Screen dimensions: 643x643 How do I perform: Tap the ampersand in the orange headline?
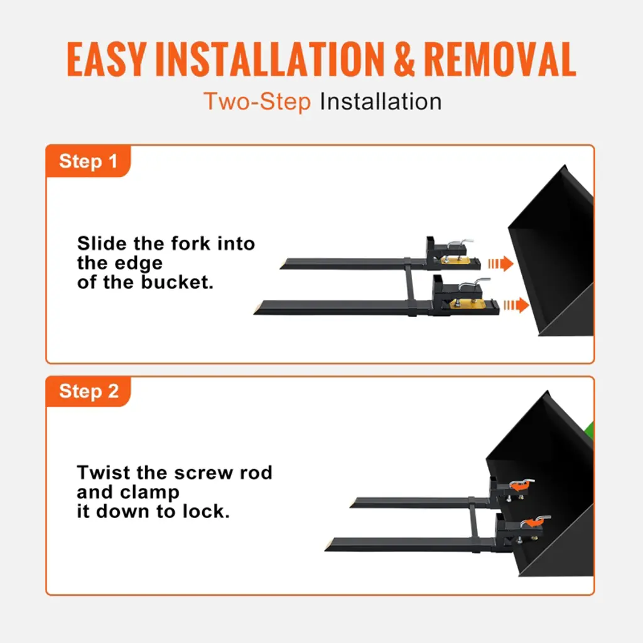click(x=404, y=59)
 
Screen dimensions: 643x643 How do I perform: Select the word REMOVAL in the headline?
click(x=500, y=59)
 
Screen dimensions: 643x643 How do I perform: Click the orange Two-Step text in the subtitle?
click(x=257, y=101)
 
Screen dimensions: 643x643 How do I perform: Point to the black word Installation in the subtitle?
click(x=381, y=101)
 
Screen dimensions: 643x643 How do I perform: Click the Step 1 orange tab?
click(x=88, y=161)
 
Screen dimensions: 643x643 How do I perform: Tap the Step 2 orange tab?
click(x=88, y=391)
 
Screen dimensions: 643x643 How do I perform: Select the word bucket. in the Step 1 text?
click(x=177, y=282)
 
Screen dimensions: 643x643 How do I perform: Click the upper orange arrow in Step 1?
click(x=500, y=264)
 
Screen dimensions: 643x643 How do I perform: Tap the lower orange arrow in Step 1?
click(x=516, y=305)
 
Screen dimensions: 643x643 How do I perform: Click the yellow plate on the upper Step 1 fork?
click(x=455, y=261)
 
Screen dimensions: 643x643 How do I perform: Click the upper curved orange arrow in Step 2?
click(x=518, y=486)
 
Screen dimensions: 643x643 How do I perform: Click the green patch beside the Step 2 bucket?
click(x=590, y=431)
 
